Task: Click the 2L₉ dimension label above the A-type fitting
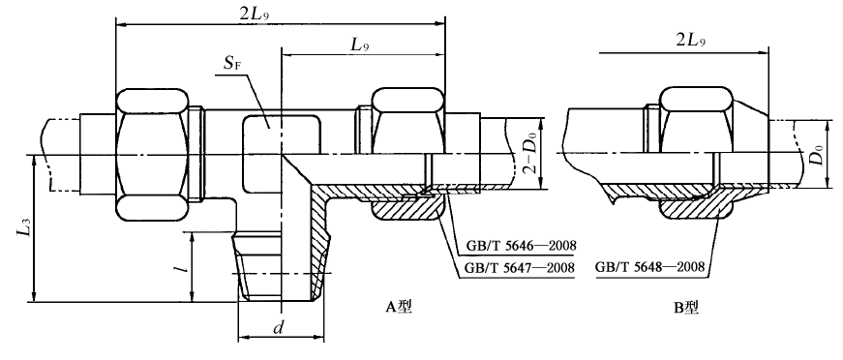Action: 254,15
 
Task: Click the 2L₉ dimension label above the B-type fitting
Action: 689,42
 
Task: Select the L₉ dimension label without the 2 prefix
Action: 360,45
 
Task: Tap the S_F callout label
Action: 231,66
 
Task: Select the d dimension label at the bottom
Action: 278,328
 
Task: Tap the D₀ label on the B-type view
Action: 816,155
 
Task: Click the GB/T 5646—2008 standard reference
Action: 521,246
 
